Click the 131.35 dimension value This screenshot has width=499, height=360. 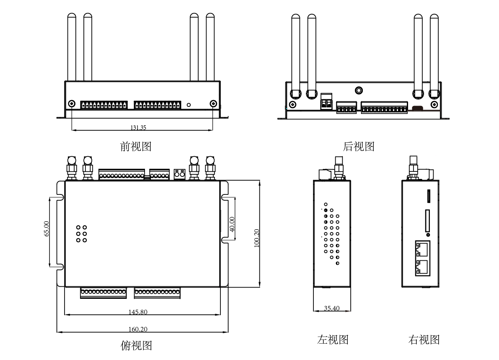pyautogui.click(x=138, y=127)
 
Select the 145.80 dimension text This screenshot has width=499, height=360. pyautogui.click(x=138, y=312)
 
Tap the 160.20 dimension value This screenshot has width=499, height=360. pyautogui.click(x=138, y=329)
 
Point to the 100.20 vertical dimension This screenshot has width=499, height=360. pyautogui.click(x=257, y=238)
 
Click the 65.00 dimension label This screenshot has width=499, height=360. pyautogui.click(x=47, y=229)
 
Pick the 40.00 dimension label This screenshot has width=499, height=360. pyautogui.click(x=232, y=224)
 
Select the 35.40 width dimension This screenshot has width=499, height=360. pyautogui.click(x=332, y=308)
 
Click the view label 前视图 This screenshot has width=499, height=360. pyautogui.click(x=135, y=146)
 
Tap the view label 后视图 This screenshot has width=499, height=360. pyautogui.click(x=359, y=146)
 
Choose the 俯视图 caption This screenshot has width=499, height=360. pyautogui.click(x=136, y=345)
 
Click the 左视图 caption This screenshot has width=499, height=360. pyautogui.click(x=333, y=339)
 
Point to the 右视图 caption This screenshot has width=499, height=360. pyautogui.click(x=424, y=339)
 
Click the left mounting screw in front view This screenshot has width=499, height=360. pyautogui.click(x=72, y=104)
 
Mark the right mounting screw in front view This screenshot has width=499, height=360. pyautogui.click(x=213, y=104)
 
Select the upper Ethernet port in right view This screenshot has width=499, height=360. pyautogui.click(x=422, y=249)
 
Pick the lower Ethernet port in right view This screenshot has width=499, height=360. pyautogui.click(x=422, y=267)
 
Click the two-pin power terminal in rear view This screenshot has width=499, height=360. pyautogui.click(x=326, y=102)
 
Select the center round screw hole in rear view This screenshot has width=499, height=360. pyautogui.click(x=359, y=90)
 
